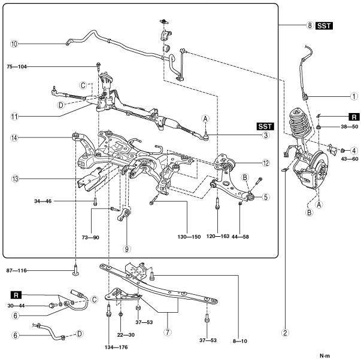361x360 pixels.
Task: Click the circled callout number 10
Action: (x=14, y=44)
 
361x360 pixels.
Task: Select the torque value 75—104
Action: (x=17, y=67)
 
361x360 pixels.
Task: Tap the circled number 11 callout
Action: (x=14, y=117)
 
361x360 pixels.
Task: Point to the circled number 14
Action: (x=14, y=138)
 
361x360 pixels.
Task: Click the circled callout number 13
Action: (x=15, y=179)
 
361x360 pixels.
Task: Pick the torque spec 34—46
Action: (x=43, y=202)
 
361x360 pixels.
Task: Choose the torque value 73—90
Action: (x=90, y=237)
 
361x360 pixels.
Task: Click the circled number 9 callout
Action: (x=127, y=249)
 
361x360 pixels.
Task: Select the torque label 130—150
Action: (x=189, y=237)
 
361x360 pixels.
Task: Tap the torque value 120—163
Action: (x=218, y=236)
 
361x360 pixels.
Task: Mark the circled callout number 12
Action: (x=266, y=163)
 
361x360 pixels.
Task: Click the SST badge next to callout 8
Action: (x=324, y=26)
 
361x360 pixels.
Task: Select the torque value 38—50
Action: (x=350, y=127)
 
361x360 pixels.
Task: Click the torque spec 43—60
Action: (x=350, y=159)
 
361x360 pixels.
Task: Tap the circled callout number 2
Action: (x=285, y=332)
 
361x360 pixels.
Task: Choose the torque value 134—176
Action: (x=116, y=347)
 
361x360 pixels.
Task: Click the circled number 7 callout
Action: (x=168, y=332)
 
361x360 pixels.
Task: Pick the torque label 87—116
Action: (x=17, y=271)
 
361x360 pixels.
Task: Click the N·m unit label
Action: (x=324, y=356)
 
